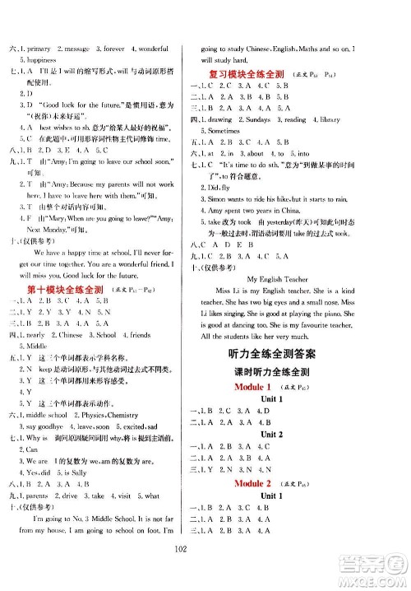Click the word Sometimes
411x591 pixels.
pyautogui.click(x=230, y=131)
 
